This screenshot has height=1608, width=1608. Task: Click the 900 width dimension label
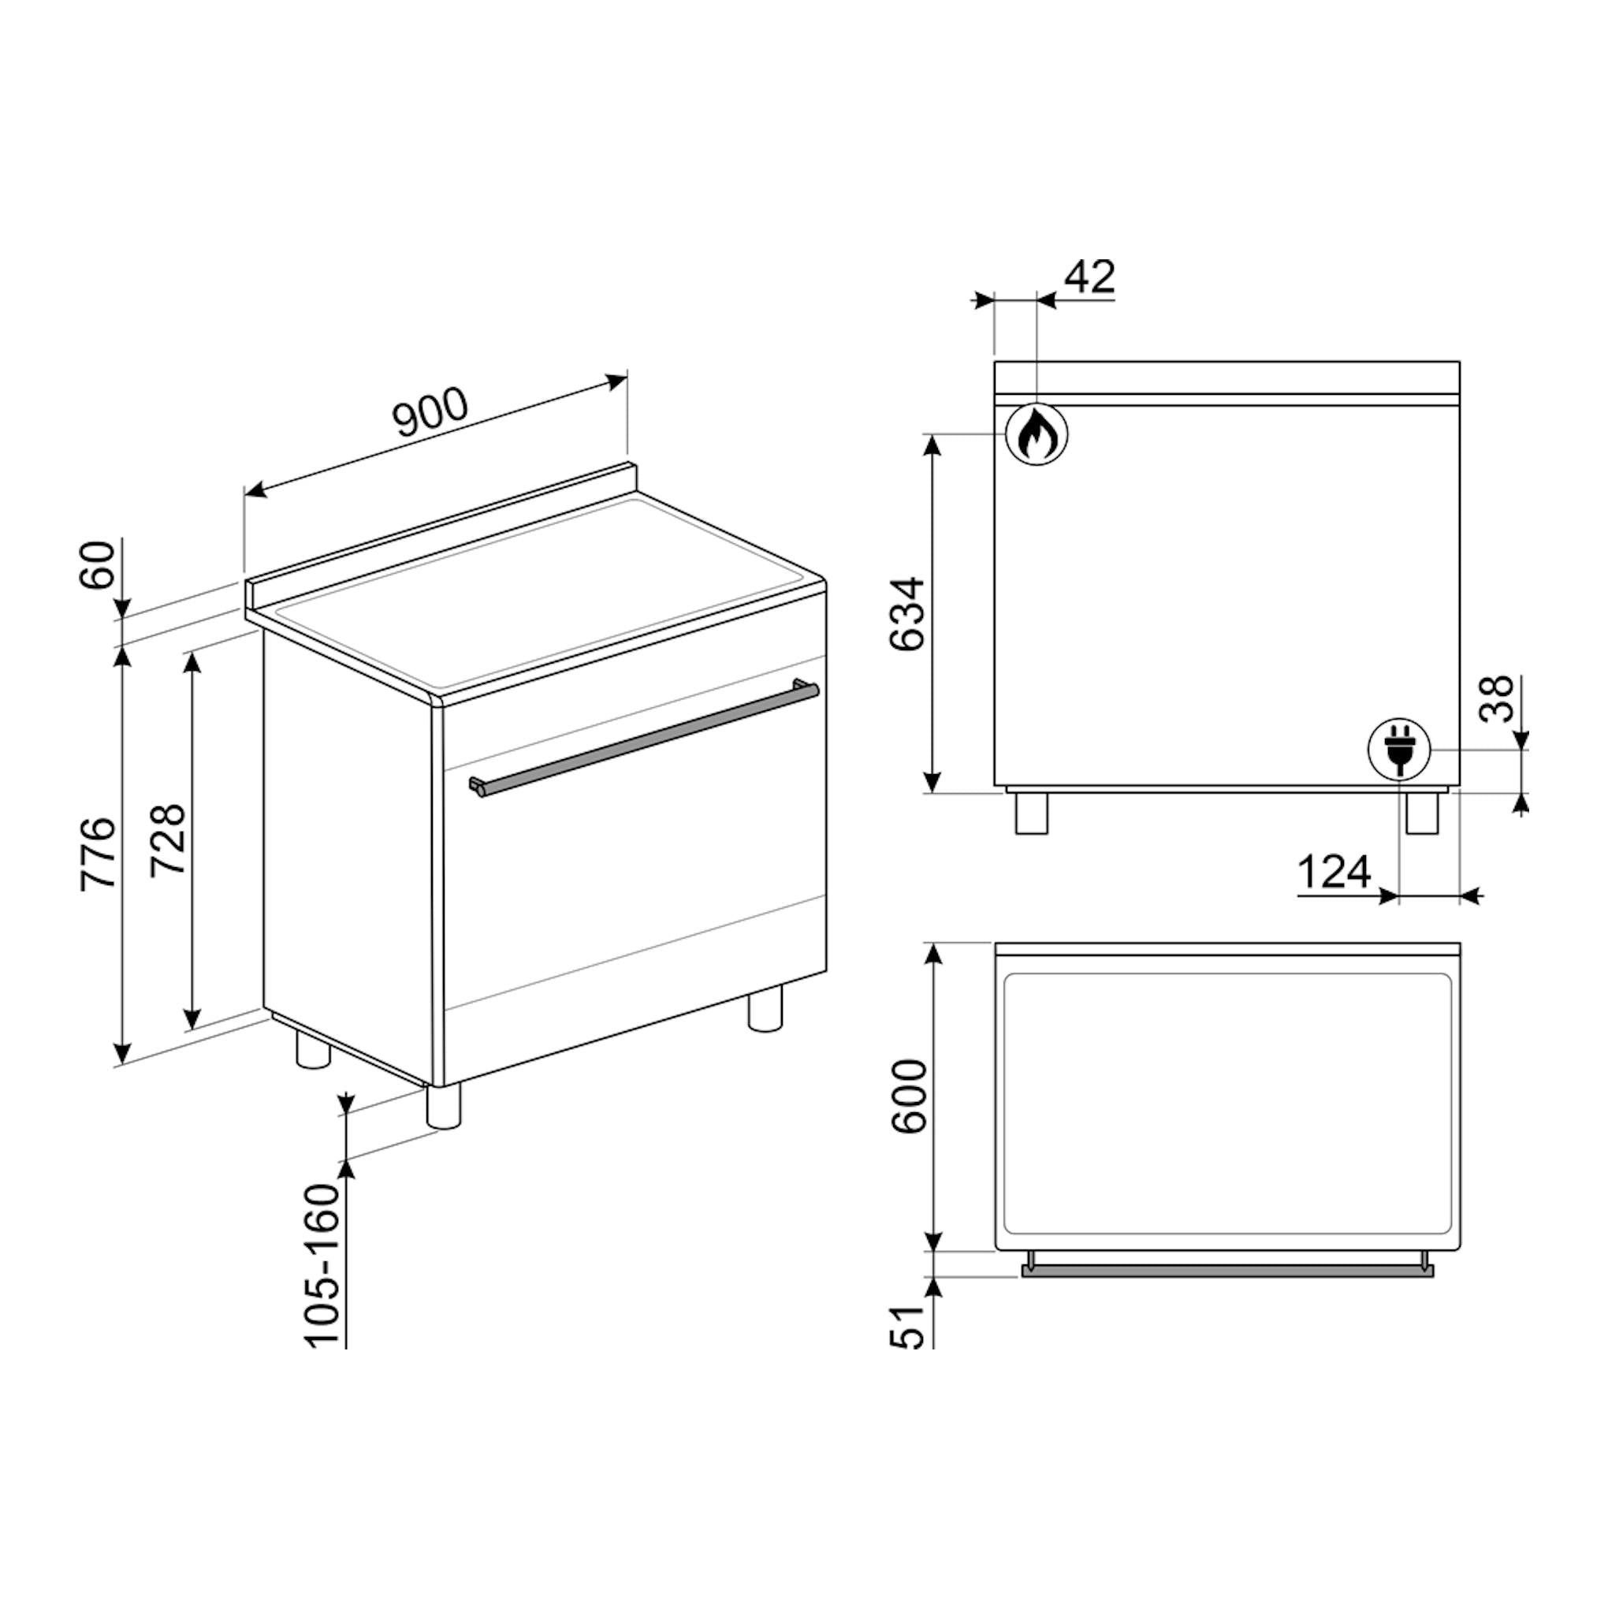432,412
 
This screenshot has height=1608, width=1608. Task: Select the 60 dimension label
98,565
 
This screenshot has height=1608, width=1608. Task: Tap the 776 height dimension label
98,854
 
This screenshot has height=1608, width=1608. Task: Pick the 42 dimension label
1090,277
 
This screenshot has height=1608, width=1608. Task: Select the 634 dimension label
907,614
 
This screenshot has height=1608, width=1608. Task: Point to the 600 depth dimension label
908,1096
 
